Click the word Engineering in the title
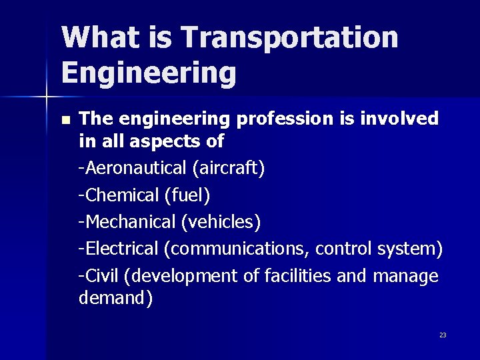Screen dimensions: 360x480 point(149,73)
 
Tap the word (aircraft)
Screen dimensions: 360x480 point(229,168)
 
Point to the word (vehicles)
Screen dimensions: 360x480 point(226,221)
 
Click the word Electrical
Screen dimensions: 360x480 point(121,248)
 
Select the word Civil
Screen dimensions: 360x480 point(101,275)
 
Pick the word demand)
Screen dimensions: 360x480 point(115,297)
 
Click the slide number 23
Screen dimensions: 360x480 point(443,335)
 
